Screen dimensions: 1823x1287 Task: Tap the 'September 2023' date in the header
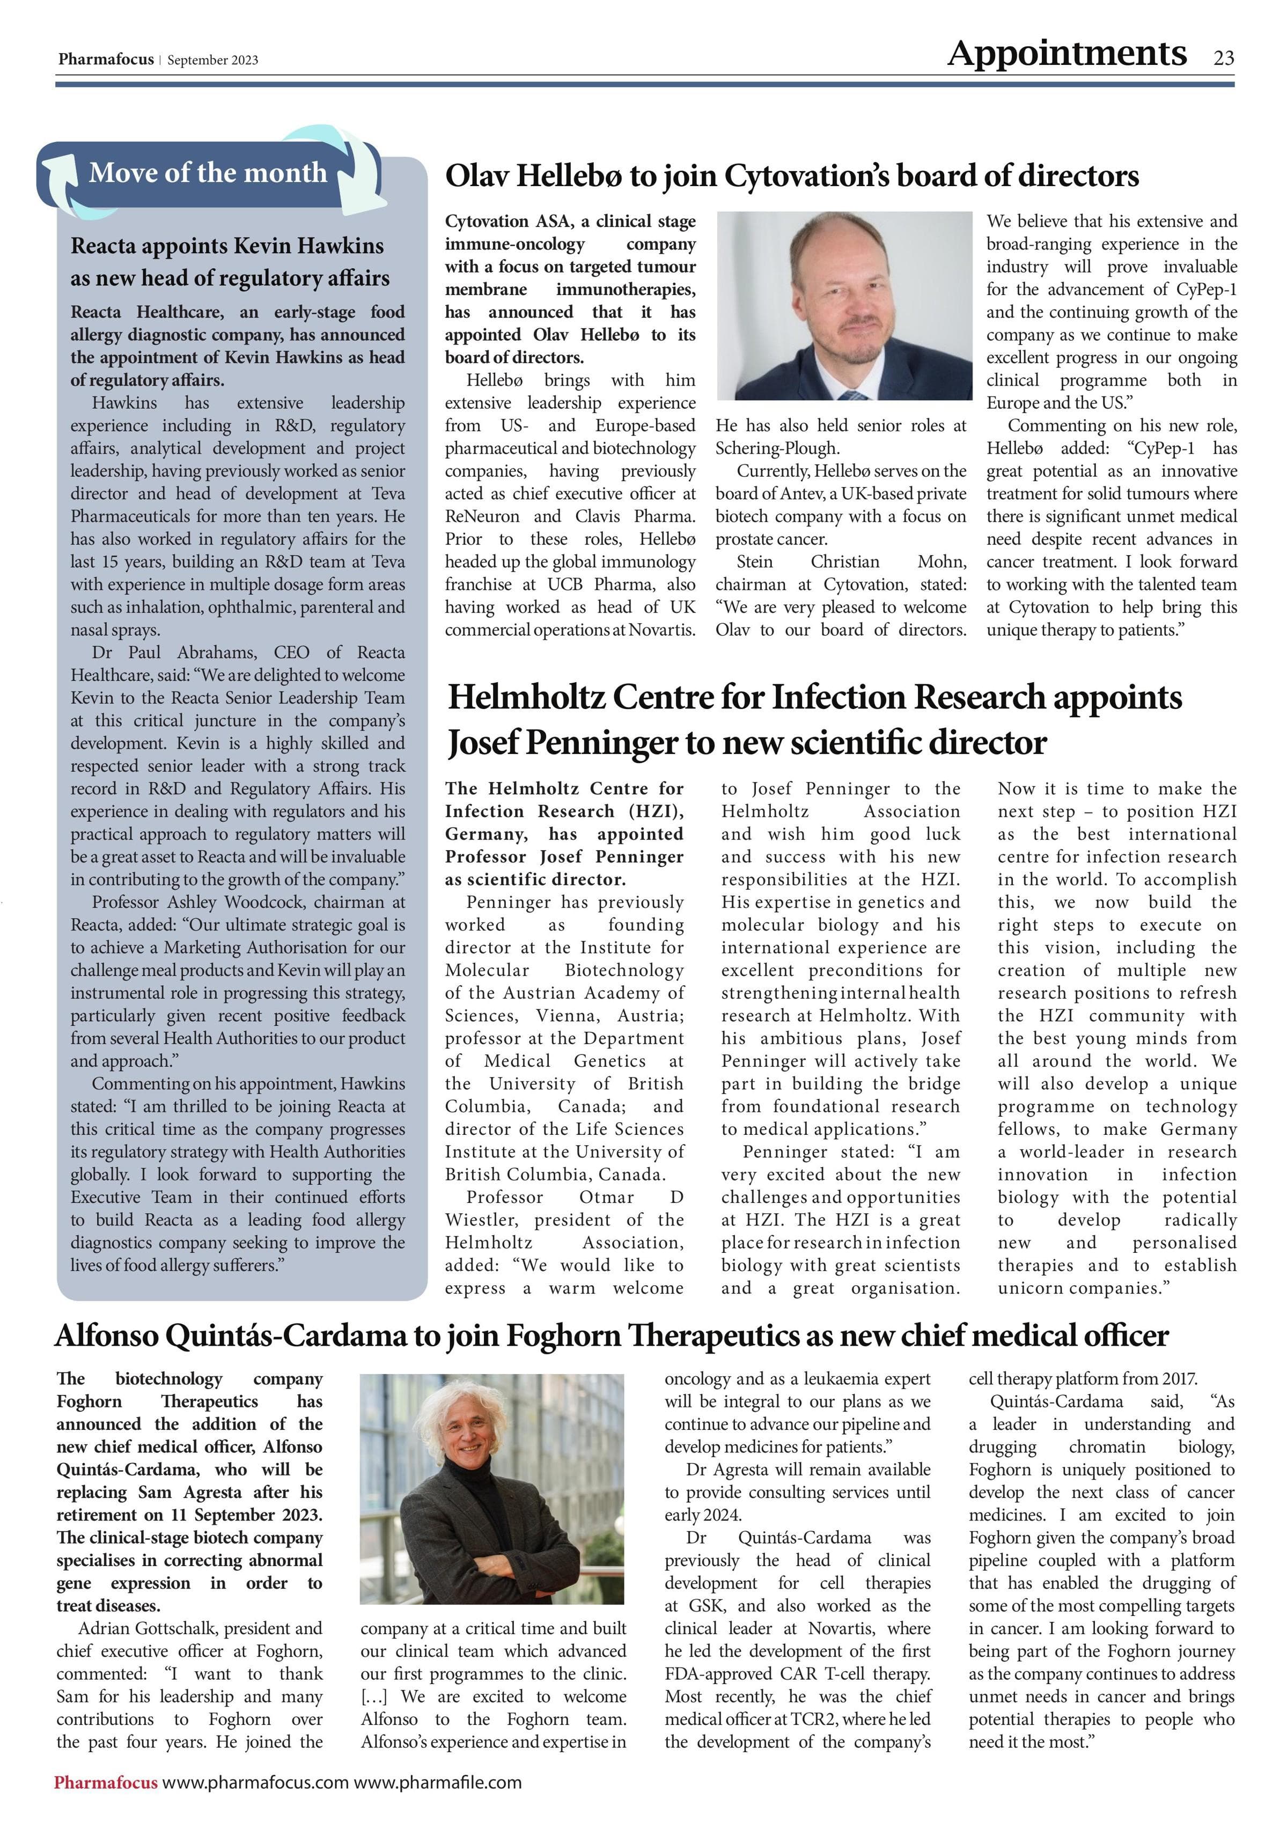213,61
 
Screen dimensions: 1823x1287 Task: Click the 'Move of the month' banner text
208,172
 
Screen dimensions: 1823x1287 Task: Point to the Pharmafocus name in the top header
106,60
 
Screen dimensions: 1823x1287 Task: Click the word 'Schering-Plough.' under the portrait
776,448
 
